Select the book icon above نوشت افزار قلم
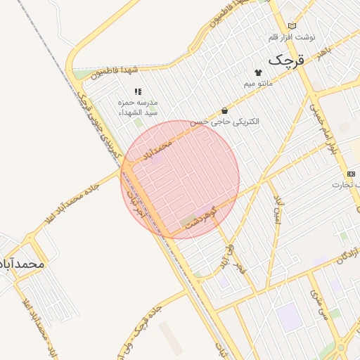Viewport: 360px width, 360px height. click(x=292, y=25)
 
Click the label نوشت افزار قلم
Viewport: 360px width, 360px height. click(x=292, y=37)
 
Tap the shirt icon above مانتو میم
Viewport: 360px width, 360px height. click(x=258, y=72)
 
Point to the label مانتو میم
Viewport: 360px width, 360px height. click(x=258, y=84)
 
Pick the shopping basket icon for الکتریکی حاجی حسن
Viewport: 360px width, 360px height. click(x=224, y=110)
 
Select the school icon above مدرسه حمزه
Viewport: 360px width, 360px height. click(x=138, y=91)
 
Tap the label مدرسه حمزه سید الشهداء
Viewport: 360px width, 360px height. click(x=138, y=108)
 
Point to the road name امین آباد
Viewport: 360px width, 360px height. click(x=279, y=206)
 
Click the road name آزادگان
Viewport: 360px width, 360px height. click(x=345, y=256)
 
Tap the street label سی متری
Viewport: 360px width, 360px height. click(x=318, y=305)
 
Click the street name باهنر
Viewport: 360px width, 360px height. click(x=323, y=53)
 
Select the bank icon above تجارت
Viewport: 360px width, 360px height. click(x=351, y=174)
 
